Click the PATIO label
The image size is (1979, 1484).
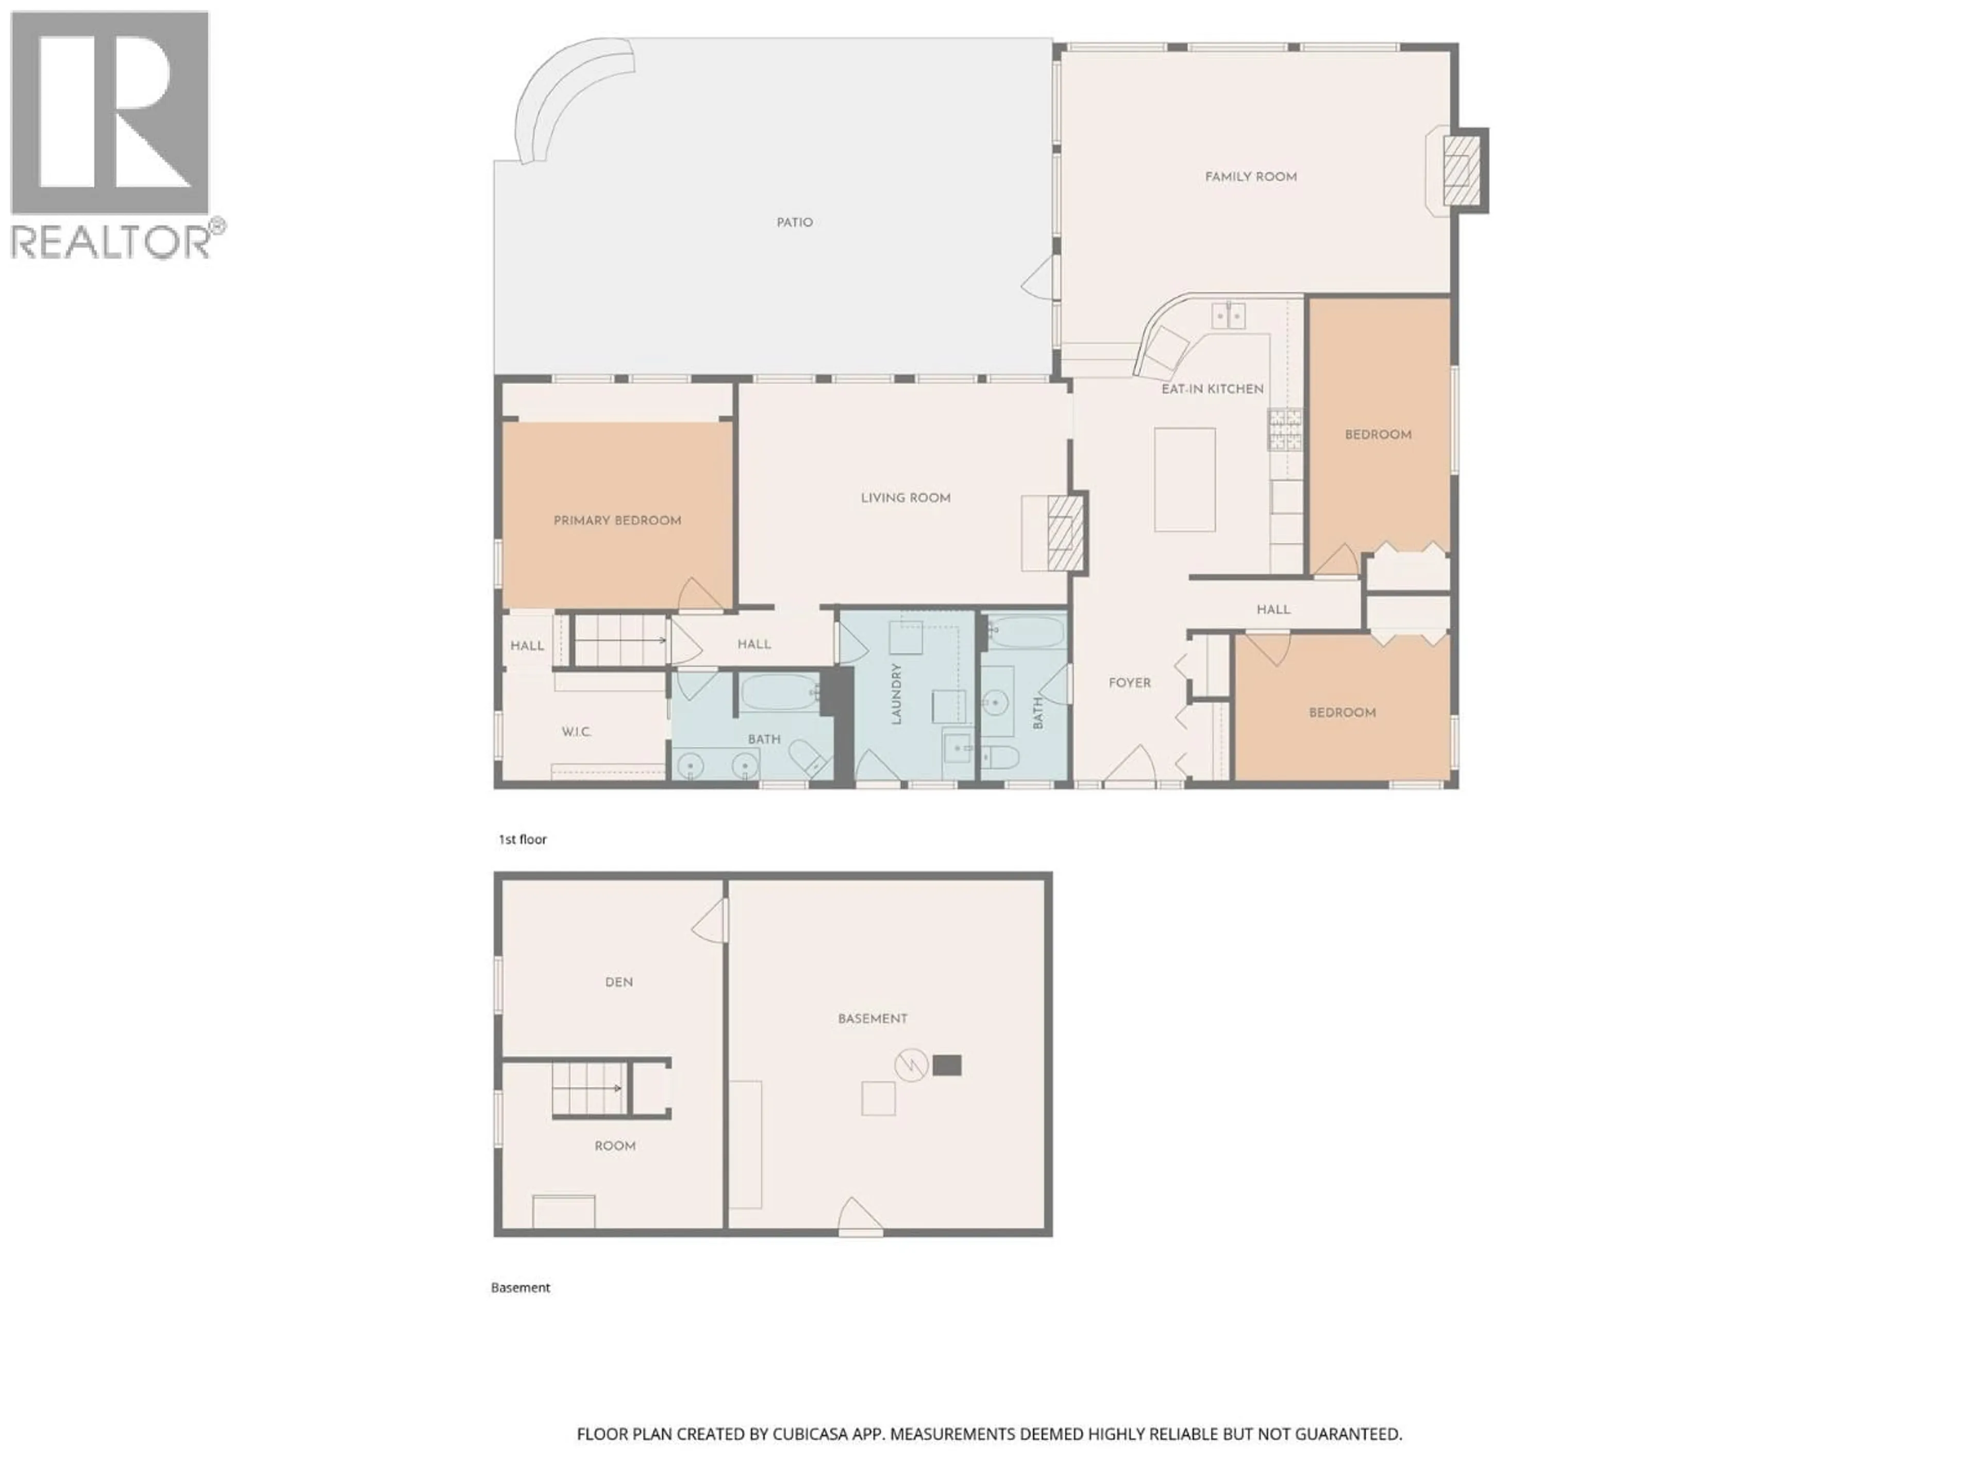click(x=795, y=223)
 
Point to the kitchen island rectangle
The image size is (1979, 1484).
click(x=1184, y=479)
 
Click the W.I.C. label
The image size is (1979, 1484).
click(x=576, y=732)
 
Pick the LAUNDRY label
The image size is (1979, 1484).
click(x=896, y=693)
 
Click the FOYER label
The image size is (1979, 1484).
click(x=1129, y=683)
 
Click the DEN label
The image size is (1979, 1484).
click(x=618, y=982)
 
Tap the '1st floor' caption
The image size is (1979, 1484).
click(x=523, y=839)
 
